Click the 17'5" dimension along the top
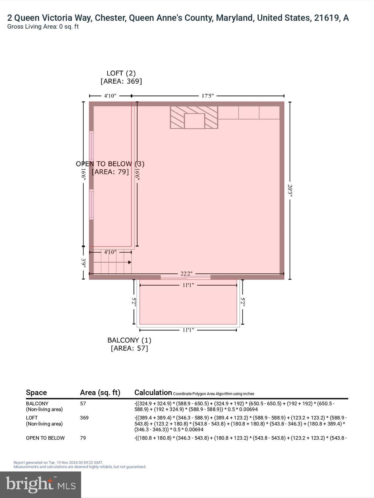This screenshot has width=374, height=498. pos(207,96)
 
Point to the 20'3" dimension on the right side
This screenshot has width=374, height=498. pos(290,191)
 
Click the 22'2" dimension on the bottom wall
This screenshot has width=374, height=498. pos(186,274)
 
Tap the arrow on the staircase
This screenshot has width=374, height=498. pos(129,262)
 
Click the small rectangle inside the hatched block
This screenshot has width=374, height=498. pos(194,121)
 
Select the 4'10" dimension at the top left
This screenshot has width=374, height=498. pos(110,96)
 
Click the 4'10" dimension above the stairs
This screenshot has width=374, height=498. pos(110,252)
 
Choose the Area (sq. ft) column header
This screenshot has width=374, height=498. pos(100,393)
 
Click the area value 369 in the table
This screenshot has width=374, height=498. pos(84,418)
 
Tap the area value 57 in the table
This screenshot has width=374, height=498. pos(83,404)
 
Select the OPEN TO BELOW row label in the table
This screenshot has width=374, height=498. pos(45,438)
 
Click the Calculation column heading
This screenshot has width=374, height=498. pos(153,393)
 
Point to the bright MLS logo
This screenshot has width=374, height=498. pos(41,485)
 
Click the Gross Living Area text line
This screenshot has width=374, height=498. pos(43,27)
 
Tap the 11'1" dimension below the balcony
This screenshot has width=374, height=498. pos(188,330)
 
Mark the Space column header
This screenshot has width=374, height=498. pos(36,393)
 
